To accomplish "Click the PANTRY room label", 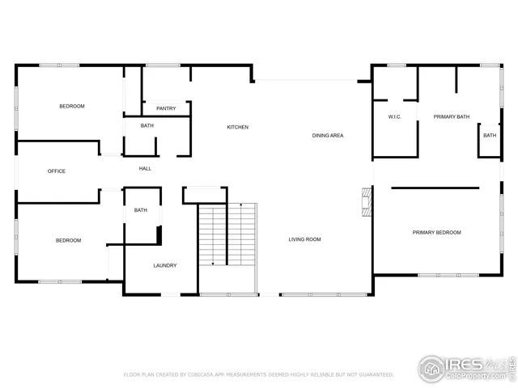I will [166, 108].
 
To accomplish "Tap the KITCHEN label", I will [237, 128].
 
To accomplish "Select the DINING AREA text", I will [328, 135].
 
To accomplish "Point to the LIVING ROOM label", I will [305, 239].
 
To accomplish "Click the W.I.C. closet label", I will [395, 116].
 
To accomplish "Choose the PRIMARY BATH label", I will [451, 116].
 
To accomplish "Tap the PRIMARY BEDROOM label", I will [436, 233].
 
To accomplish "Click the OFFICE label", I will [57, 171].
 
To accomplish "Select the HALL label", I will [145, 169].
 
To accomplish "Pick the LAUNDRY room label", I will [165, 266].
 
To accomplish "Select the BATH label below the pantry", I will [146, 126].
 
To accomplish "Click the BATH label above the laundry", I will [141, 211].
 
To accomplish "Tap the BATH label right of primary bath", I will [490, 136].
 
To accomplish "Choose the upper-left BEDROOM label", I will [71, 107].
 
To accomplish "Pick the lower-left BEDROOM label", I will [68, 240].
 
